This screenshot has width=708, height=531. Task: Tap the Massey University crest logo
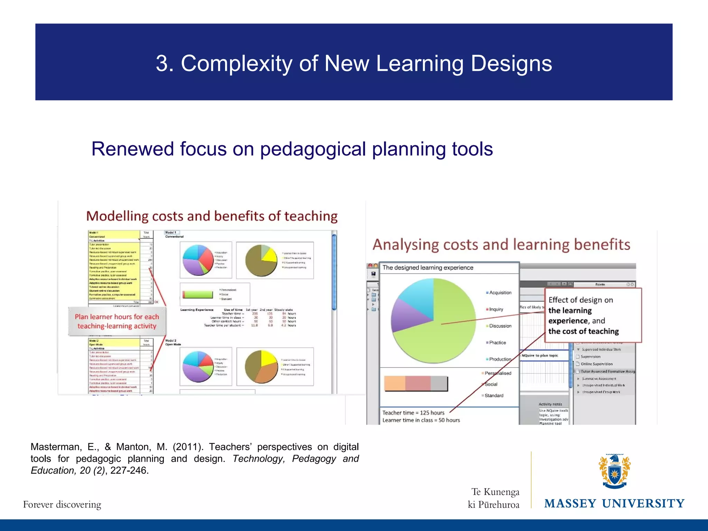(x=614, y=471)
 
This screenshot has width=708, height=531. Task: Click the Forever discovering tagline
(x=62, y=504)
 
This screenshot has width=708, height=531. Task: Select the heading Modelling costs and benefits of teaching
(x=212, y=216)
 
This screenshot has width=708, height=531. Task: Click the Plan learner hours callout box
(x=117, y=322)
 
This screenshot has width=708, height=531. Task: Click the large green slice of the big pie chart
(x=446, y=332)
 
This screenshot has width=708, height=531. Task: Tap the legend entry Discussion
(x=500, y=326)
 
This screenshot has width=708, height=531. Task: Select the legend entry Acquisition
(x=500, y=293)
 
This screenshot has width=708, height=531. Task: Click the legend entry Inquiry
(x=496, y=309)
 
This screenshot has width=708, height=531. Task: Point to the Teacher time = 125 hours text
(x=413, y=413)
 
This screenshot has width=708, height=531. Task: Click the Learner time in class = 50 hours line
(x=421, y=420)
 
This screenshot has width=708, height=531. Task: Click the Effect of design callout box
(x=593, y=315)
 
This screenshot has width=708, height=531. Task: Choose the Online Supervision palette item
(x=596, y=364)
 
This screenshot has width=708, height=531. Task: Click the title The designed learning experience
(x=428, y=268)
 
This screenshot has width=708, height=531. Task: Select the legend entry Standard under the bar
(x=494, y=395)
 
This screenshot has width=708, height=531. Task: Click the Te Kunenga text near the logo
(x=495, y=492)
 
